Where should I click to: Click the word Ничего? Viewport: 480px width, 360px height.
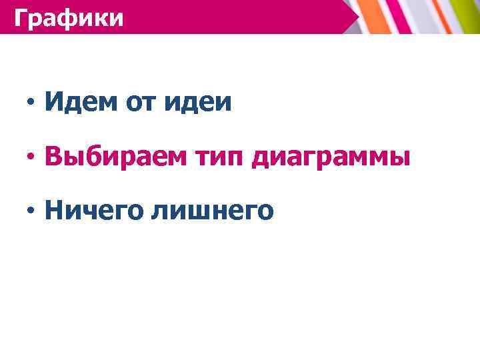[x=92, y=211]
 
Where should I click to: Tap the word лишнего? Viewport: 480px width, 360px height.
[x=213, y=211]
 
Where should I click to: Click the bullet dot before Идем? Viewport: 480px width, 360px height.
[x=30, y=103]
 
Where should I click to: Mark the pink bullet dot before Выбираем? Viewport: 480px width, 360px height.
[x=30, y=158]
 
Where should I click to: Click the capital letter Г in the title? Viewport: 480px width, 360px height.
[x=21, y=17]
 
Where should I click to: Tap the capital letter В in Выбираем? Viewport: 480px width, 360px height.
[x=53, y=157]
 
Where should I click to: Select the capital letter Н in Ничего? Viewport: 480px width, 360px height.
[x=53, y=211]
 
